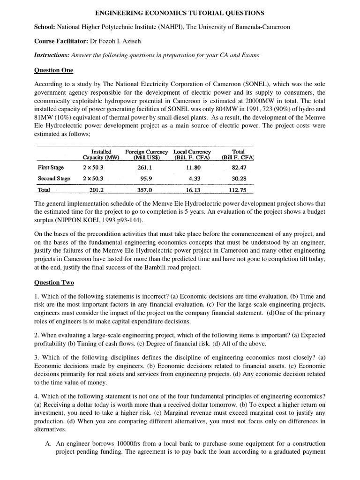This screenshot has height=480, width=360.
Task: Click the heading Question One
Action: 53,71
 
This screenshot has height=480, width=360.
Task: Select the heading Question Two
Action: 54,283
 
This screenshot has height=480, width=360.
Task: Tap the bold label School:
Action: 45,27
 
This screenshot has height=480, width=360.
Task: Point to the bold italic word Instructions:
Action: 52,55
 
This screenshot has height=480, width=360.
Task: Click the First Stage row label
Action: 51,167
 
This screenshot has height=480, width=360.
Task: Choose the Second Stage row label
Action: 54,179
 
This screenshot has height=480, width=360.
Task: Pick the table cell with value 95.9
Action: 146,179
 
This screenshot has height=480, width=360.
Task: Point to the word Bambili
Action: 136,268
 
